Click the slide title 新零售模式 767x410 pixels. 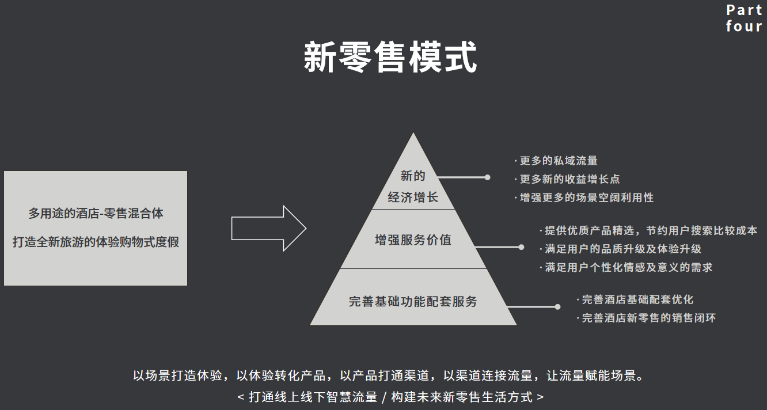pos(390,57)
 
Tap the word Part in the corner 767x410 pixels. pos(744,10)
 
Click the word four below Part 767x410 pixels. pos(744,26)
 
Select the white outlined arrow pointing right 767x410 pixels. pos(268,228)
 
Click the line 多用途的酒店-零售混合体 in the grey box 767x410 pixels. pos(96,214)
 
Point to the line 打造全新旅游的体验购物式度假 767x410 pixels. pos(96,242)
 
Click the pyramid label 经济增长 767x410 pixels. pos(413,198)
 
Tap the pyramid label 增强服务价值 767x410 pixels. pos(413,240)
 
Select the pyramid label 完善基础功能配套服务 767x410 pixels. pos(413,301)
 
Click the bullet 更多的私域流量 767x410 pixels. pos(559,161)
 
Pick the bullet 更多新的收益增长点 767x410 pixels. pos(569,179)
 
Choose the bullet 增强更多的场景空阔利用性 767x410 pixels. pos(586,198)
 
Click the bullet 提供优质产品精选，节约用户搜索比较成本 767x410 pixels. pos(651,230)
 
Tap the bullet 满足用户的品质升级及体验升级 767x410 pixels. pos(622,249)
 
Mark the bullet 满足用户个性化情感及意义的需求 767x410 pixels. pos(628,267)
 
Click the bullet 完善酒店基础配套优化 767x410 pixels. pos(637,299)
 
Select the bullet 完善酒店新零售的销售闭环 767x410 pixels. pos(648,318)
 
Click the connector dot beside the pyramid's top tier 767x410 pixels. pos(487,177)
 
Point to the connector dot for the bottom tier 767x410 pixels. pos(557,307)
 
